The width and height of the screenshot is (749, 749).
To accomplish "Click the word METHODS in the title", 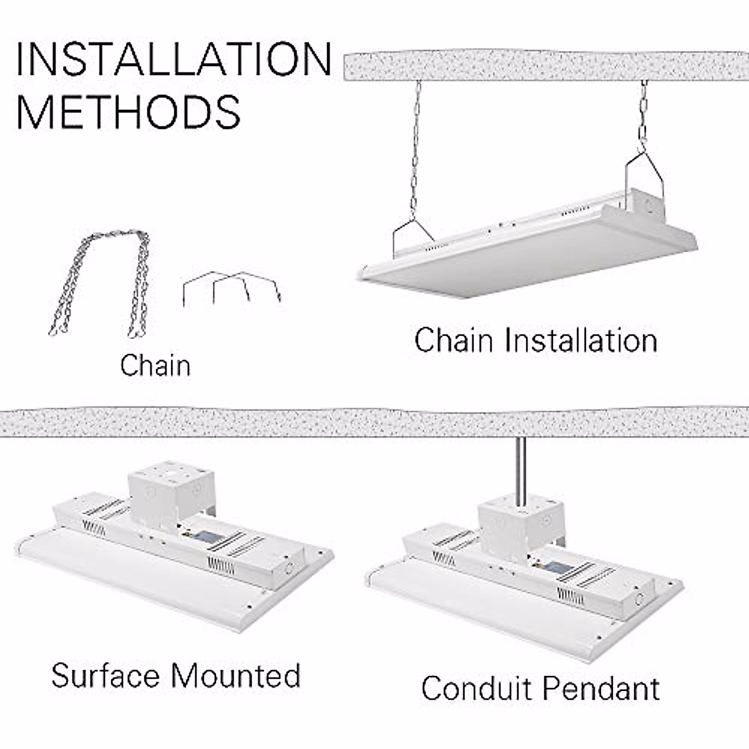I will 128,112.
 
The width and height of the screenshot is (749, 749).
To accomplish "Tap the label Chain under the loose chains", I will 155,365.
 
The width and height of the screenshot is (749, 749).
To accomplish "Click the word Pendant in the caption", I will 600,688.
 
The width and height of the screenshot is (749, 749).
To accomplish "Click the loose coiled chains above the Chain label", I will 100,281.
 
